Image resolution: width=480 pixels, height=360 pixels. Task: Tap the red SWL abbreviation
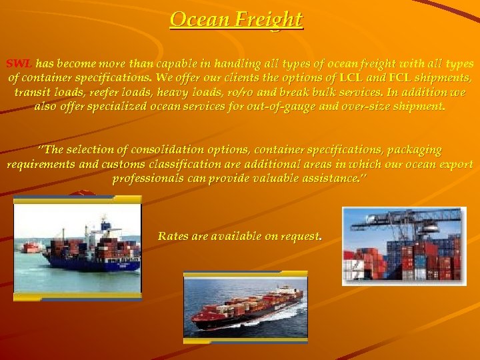[x=19, y=64]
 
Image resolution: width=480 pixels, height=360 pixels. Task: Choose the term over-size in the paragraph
[x=361, y=107]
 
